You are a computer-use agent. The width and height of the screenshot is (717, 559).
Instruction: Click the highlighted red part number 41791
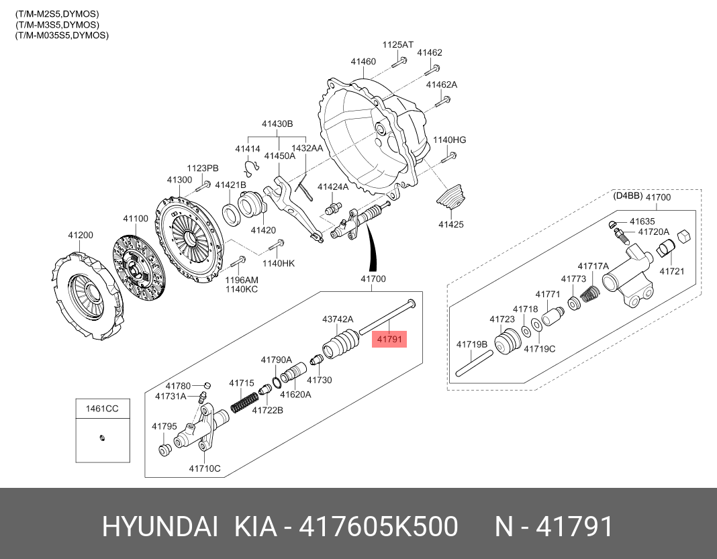pos(389,340)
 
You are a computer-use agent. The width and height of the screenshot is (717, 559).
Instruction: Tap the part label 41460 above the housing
pos(363,62)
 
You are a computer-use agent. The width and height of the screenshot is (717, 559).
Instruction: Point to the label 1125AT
pos(398,44)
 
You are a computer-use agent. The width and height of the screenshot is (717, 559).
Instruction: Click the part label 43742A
pos(338,319)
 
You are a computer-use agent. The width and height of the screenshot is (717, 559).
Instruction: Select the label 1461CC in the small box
pos(101,407)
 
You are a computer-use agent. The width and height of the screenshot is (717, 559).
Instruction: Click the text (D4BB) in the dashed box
pos(628,197)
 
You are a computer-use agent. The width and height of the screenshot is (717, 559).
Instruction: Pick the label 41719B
pos(472,344)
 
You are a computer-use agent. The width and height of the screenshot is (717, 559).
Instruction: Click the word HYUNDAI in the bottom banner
pos(160,527)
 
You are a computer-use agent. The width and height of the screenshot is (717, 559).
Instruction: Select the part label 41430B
pos(277,124)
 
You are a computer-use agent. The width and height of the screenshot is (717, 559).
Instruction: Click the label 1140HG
pos(449,140)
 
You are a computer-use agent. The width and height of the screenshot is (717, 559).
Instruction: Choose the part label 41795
pos(164,426)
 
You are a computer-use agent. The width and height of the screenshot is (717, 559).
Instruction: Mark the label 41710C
pos(205,468)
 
